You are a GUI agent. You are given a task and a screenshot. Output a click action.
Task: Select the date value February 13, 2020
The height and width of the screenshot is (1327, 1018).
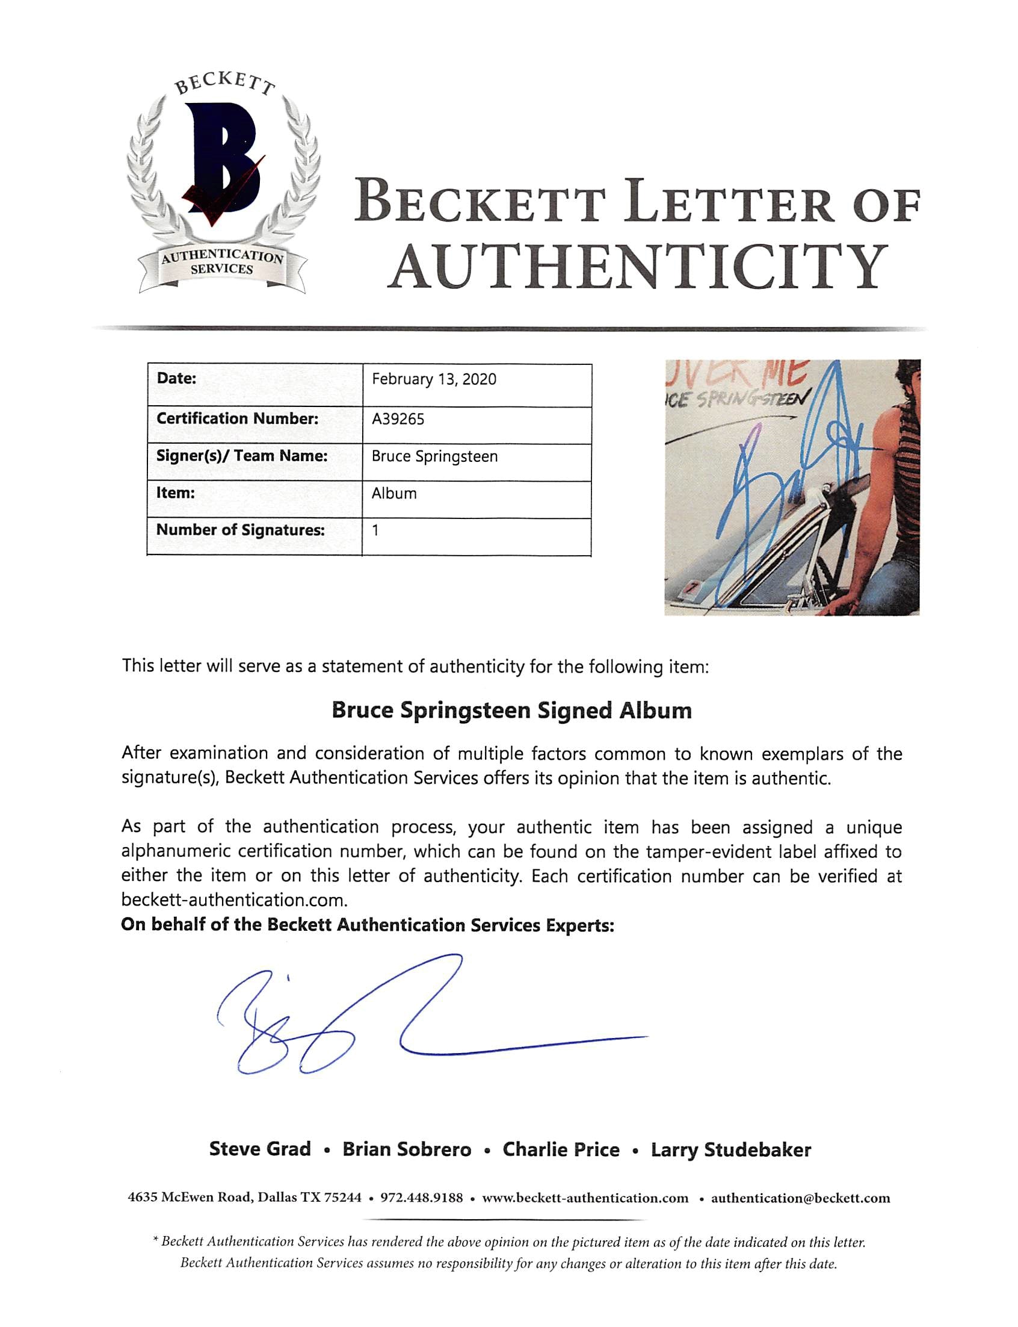(434, 379)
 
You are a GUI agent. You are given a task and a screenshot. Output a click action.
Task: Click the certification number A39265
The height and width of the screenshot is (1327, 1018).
(398, 419)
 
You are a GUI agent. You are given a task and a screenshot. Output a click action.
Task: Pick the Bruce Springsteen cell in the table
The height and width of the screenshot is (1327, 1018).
(434, 456)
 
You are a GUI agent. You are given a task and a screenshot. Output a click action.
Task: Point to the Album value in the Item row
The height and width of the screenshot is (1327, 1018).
(394, 494)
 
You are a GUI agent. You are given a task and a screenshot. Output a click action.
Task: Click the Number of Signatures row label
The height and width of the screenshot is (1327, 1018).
(241, 530)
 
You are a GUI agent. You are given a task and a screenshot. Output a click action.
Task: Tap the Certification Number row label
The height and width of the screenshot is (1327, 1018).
(237, 419)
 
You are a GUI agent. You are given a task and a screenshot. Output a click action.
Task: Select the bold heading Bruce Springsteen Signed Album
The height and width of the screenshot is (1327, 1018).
(511, 710)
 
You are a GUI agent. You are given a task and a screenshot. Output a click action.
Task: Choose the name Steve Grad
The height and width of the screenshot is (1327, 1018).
(260, 1149)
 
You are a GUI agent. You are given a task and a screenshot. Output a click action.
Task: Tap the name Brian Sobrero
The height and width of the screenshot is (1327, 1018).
(407, 1149)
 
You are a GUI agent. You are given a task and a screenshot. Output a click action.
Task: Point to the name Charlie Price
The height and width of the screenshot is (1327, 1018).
(561, 1149)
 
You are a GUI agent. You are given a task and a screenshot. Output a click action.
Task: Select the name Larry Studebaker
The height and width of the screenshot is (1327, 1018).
(731, 1149)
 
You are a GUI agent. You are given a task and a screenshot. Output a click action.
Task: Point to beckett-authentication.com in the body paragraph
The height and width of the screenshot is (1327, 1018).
(234, 900)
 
